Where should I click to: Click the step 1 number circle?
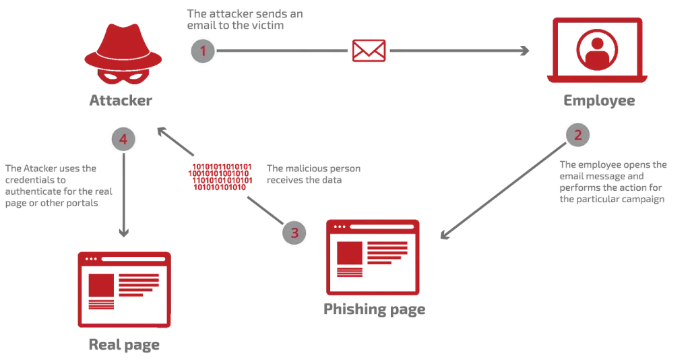203,51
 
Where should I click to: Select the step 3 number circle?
294,233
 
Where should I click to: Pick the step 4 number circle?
123,140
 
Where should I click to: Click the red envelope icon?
369,51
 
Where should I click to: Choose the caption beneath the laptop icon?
598,102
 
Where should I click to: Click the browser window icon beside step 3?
372,256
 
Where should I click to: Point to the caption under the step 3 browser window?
375,311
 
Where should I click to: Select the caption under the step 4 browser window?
124,346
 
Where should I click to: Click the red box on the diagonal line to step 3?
222,177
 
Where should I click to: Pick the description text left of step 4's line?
57,185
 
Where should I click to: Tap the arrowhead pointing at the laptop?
525,51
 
